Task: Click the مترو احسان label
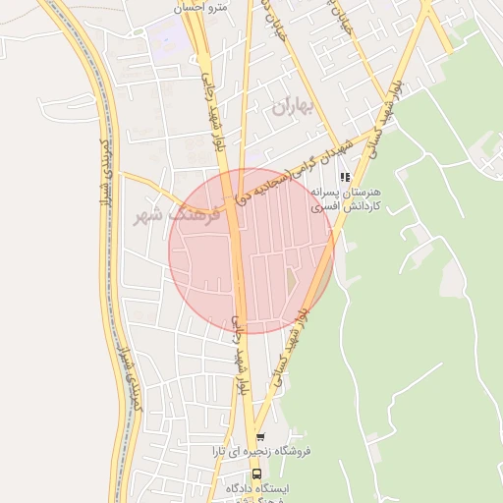(x=200, y=7)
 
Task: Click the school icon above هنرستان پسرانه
(x=344, y=178)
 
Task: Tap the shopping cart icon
(x=260, y=436)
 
